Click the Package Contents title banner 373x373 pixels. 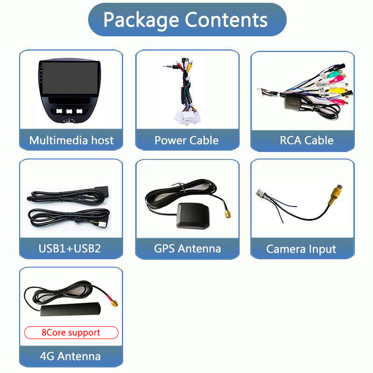186,20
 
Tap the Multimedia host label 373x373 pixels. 71,140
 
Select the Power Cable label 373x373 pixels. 186,140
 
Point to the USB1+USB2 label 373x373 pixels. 69,248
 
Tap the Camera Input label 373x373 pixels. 301,249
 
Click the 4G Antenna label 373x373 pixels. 70,357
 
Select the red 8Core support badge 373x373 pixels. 71,332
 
